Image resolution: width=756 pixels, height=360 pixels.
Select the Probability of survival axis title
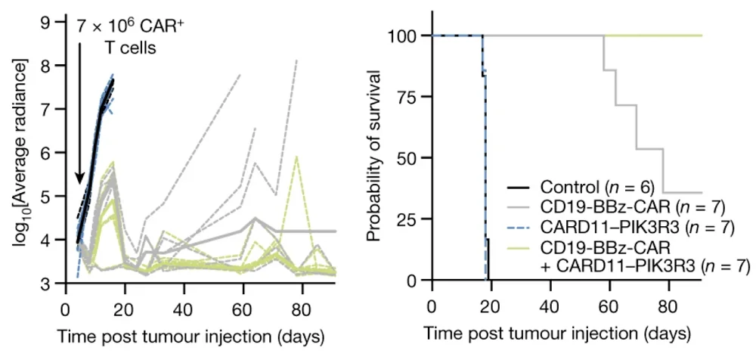372,157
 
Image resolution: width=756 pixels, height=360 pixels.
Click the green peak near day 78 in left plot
297,157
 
